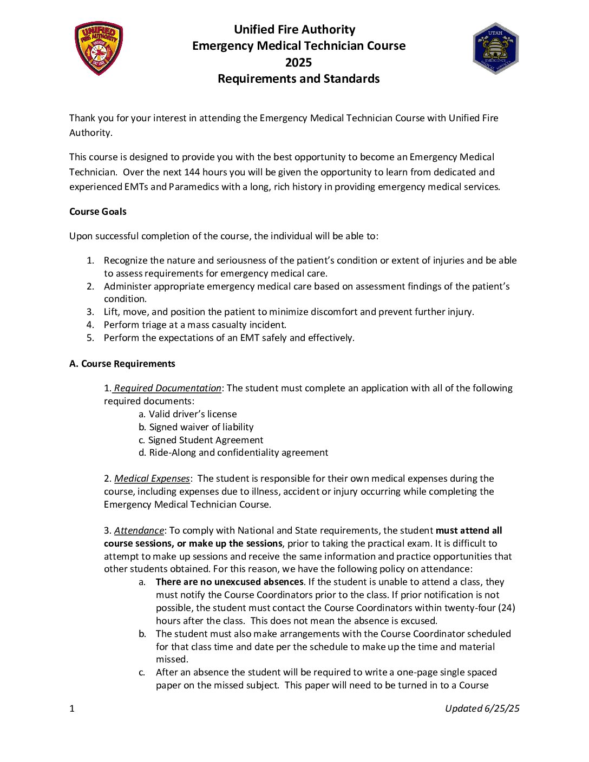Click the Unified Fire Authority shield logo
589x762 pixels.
(x=99, y=48)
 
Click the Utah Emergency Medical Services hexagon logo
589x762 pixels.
(x=495, y=48)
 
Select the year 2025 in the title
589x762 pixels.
(x=298, y=62)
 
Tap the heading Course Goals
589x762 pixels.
(x=97, y=212)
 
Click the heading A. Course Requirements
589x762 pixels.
(x=122, y=364)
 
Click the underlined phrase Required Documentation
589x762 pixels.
(x=167, y=388)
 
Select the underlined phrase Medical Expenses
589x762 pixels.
(x=152, y=478)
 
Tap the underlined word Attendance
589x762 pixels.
(x=139, y=530)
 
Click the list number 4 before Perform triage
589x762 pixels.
(x=90, y=325)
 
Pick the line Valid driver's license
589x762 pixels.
(x=187, y=414)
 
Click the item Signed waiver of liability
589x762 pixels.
(x=195, y=427)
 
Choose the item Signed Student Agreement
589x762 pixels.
(x=200, y=440)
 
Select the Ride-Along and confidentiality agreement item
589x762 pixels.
(x=233, y=452)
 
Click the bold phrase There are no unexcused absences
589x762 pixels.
(x=229, y=582)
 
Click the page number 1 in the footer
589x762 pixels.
(x=72, y=708)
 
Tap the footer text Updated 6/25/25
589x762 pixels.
(x=482, y=708)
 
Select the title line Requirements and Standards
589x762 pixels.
(x=298, y=79)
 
